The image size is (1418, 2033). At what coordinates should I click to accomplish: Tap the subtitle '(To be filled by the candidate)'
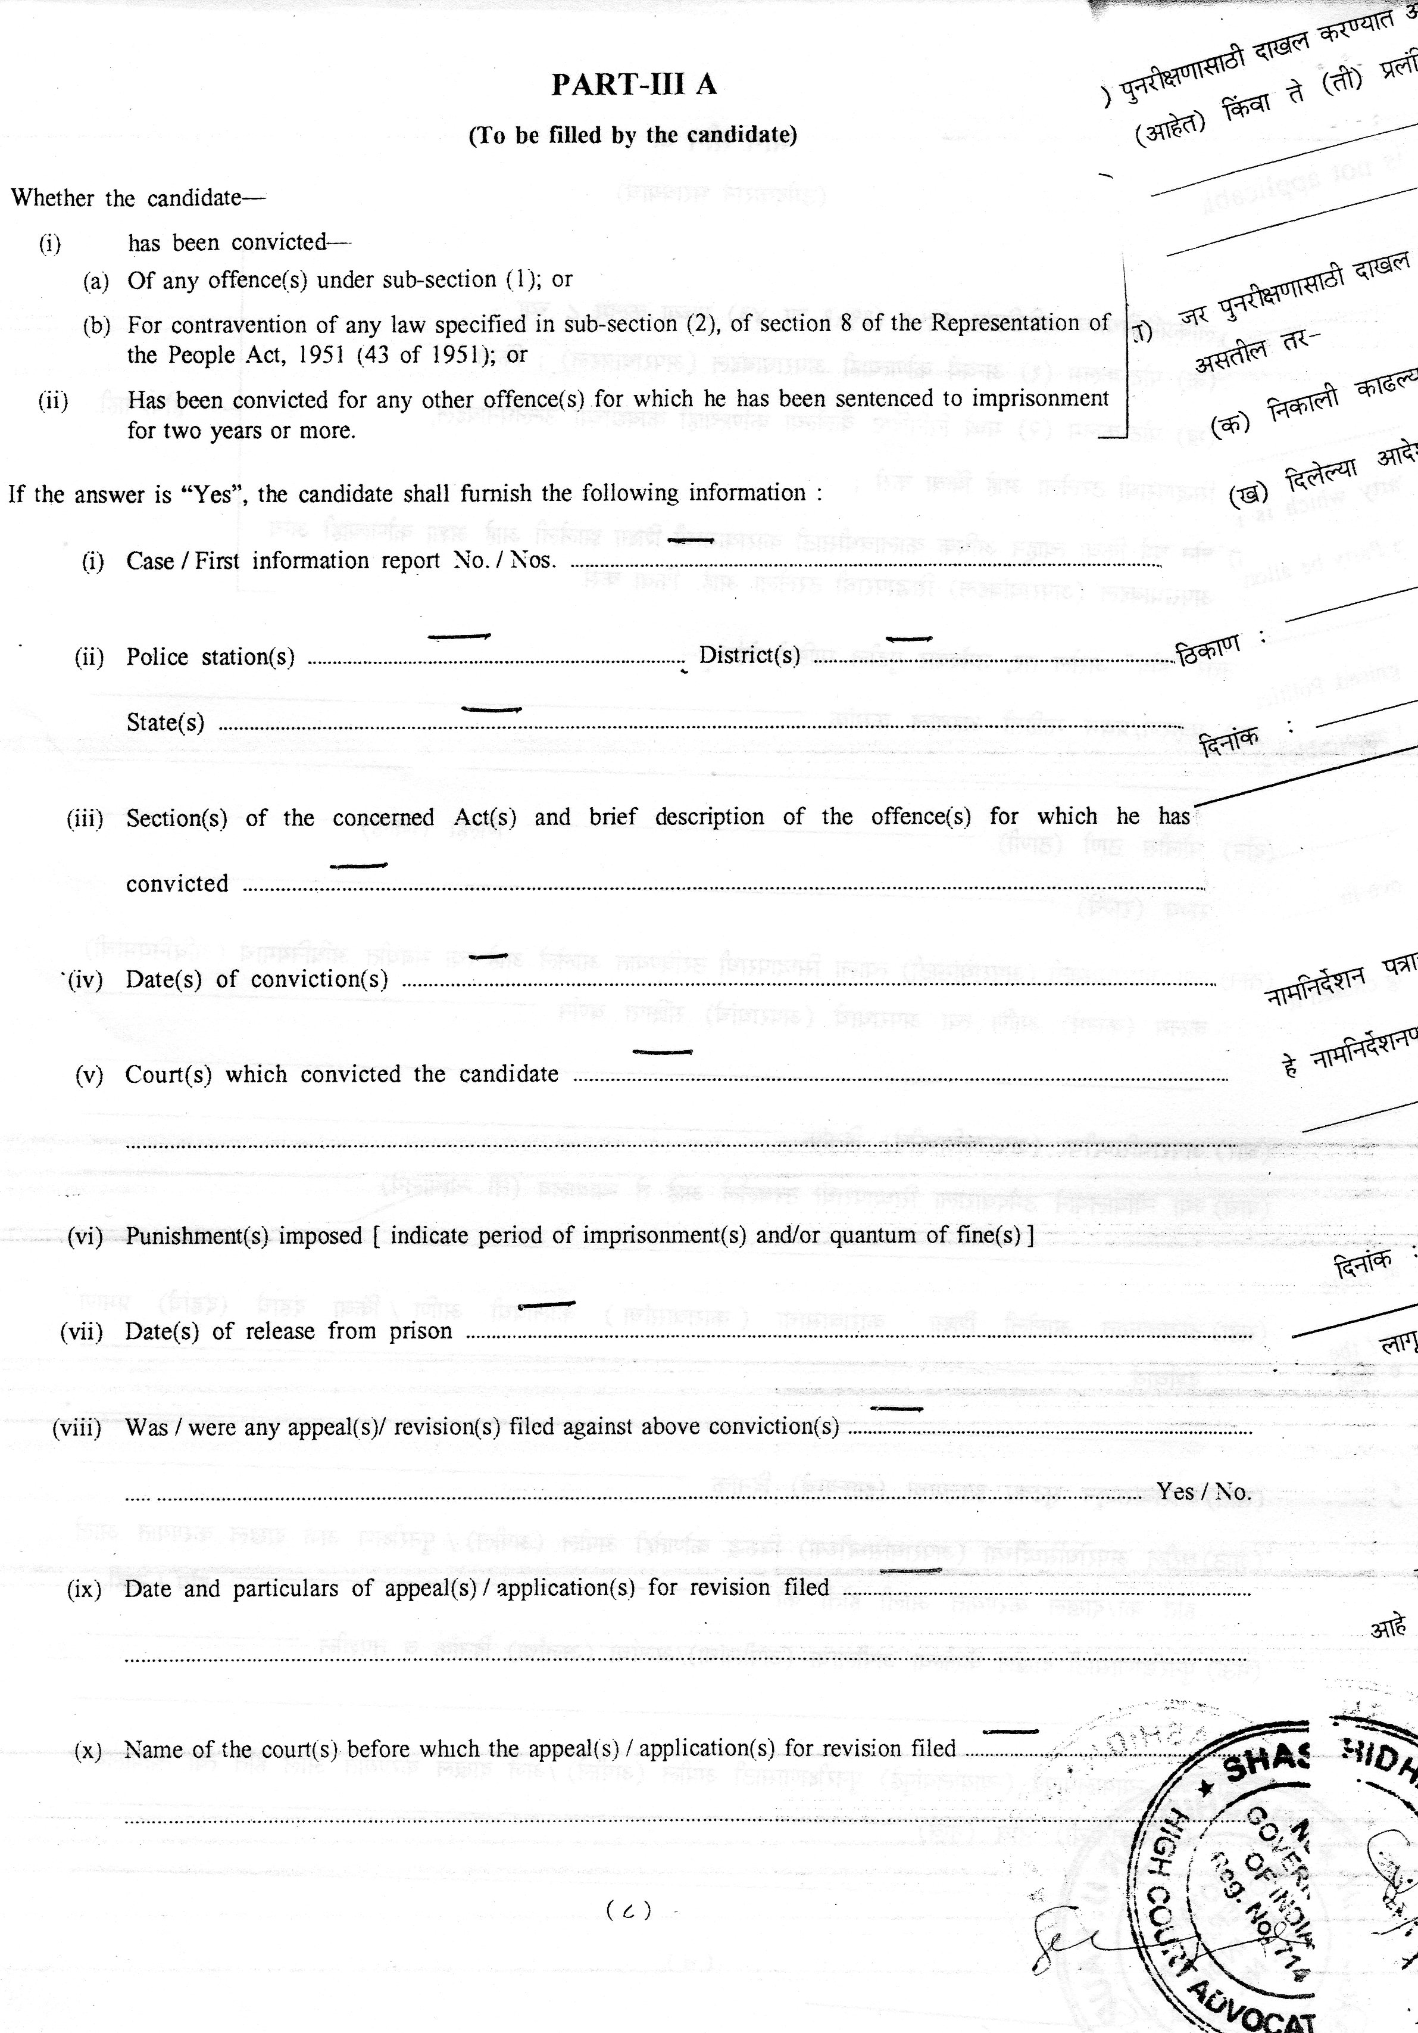click(632, 135)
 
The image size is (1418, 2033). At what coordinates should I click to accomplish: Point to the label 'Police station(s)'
click(211, 657)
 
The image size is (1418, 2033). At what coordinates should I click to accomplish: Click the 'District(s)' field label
click(749, 655)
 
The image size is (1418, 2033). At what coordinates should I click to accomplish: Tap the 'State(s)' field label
click(165, 723)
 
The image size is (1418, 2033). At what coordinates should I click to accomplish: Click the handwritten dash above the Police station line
click(460, 636)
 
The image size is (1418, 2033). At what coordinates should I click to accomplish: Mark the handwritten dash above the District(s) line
click(909, 639)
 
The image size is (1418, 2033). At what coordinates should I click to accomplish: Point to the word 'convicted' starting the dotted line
click(177, 884)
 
